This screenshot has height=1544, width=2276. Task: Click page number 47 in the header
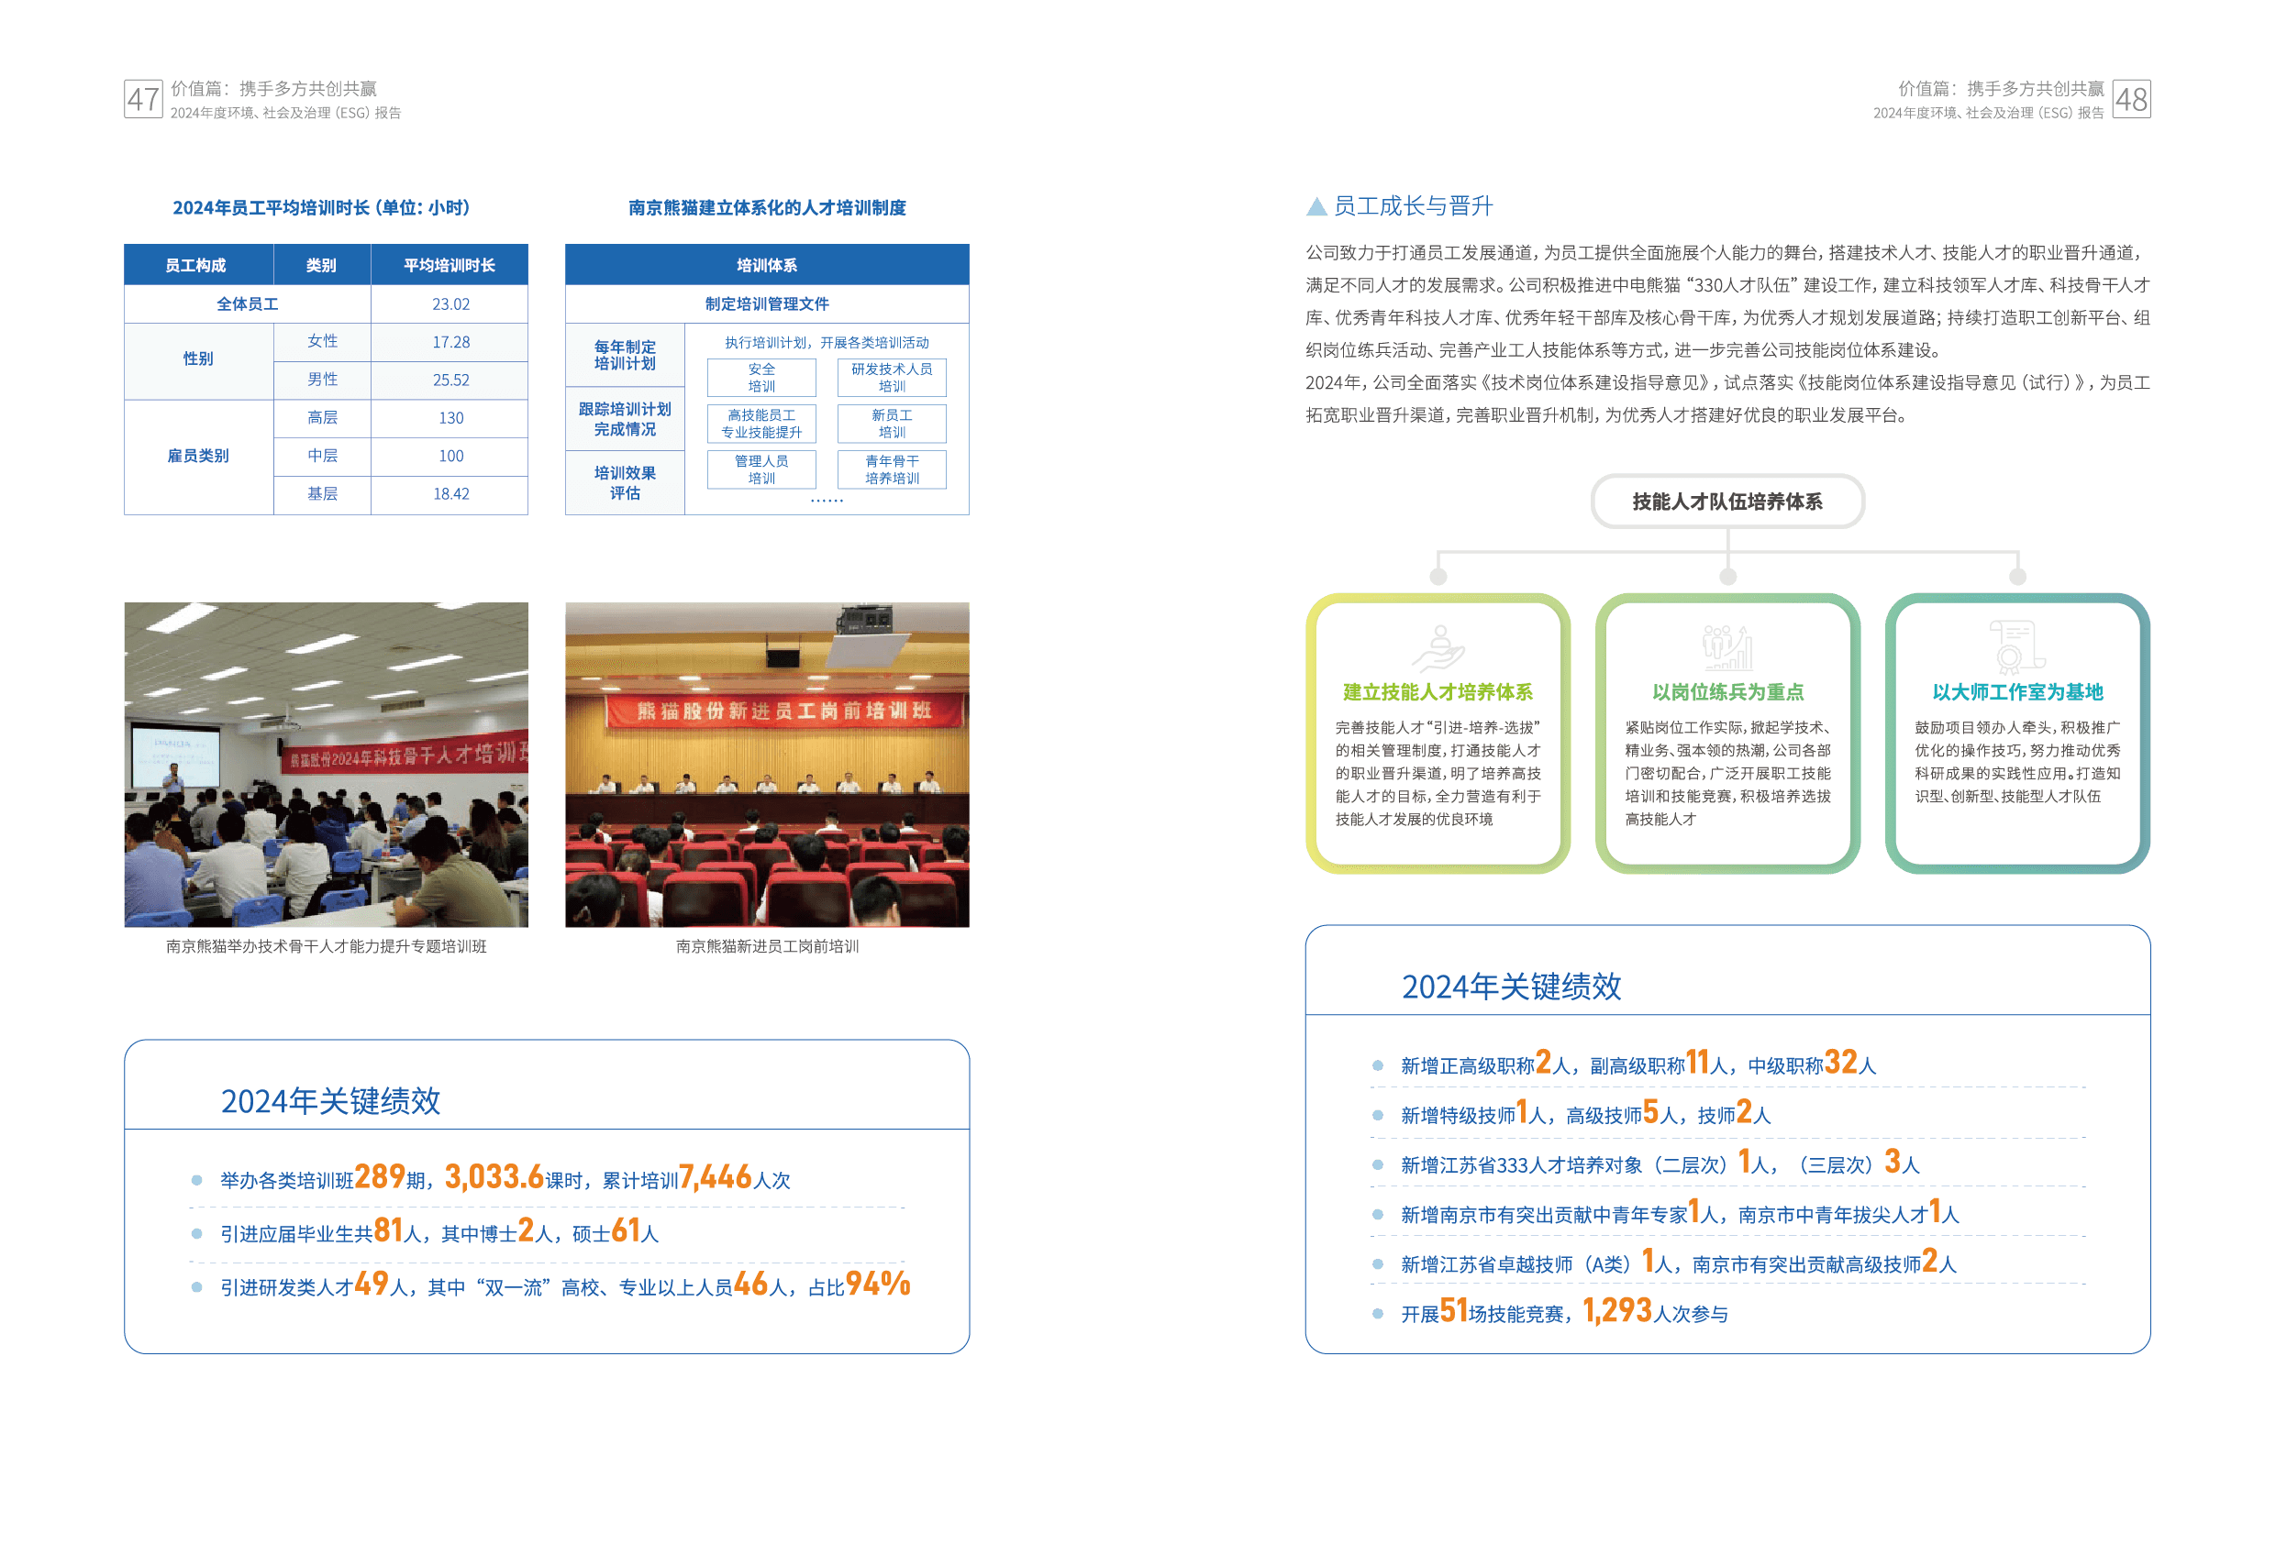point(143,99)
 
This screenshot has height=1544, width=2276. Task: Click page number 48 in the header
point(2130,99)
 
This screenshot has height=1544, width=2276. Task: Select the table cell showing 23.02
point(450,304)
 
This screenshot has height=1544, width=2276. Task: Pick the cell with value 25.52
point(450,380)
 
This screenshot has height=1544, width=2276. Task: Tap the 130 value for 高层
point(450,418)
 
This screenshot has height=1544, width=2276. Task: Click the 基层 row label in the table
point(322,494)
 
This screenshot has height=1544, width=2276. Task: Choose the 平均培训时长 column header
point(450,265)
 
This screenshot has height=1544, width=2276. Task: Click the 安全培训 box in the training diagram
point(761,378)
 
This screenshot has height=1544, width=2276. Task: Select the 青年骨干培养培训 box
point(891,470)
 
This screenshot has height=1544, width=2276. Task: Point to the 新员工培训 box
point(891,424)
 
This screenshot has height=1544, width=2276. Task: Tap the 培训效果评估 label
point(625,482)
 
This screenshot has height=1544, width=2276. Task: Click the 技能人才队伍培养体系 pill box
point(1726,502)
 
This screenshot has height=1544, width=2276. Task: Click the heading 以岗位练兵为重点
point(1727,692)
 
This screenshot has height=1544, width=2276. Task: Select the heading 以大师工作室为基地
point(2017,692)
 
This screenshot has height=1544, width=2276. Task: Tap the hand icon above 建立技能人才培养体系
point(1438,647)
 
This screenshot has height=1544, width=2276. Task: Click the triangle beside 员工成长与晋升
point(1316,206)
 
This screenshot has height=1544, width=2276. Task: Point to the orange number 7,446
point(715,1177)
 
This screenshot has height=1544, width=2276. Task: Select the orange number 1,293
point(1617,1311)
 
